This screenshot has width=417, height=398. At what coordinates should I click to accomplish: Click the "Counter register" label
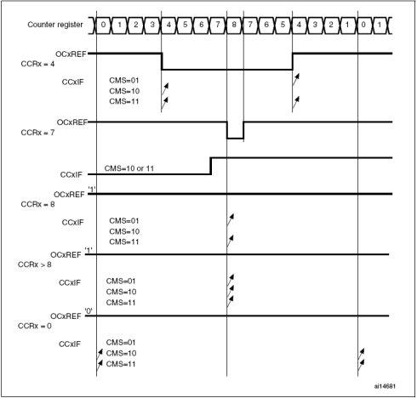[x=55, y=25]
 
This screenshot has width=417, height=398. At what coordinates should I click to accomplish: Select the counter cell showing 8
[x=234, y=25]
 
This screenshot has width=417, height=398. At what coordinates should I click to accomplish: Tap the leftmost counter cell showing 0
[x=103, y=25]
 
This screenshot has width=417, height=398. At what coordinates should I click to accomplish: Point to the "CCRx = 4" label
[x=37, y=64]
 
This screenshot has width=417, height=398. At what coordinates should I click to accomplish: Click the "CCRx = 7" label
[x=37, y=133]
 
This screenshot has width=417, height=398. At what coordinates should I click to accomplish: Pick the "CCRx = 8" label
[x=37, y=204]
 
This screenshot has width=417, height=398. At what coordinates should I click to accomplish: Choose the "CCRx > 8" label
[x=34, y=264]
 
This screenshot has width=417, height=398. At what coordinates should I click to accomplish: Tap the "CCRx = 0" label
[x=34, y=326]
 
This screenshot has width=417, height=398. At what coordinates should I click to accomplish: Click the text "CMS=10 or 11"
[x=129, y=168]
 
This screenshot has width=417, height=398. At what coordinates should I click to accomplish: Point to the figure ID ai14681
[x=385, y=386]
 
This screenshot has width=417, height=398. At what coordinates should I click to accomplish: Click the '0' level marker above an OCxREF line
[x=89, y=311]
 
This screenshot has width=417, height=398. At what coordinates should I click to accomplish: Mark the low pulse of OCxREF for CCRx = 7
[x=235, y=138]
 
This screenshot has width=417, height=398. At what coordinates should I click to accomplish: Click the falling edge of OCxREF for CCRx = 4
[x=162, y=61]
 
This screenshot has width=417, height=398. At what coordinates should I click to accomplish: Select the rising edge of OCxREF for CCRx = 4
[x=293, y=61]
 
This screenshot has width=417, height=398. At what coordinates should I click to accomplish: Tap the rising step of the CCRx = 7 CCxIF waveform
[x=211, y=166]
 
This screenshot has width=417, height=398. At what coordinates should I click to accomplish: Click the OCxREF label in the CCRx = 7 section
[x=72, y=122]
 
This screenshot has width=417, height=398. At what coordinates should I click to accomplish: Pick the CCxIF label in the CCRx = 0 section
[x=70, y=344]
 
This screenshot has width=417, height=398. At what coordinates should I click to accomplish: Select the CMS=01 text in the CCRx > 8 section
[x=121, y=281]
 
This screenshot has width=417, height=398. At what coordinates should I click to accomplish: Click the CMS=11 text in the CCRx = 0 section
[x=121, y=364]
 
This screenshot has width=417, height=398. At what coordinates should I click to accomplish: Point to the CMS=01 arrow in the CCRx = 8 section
[x=230, y=219]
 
